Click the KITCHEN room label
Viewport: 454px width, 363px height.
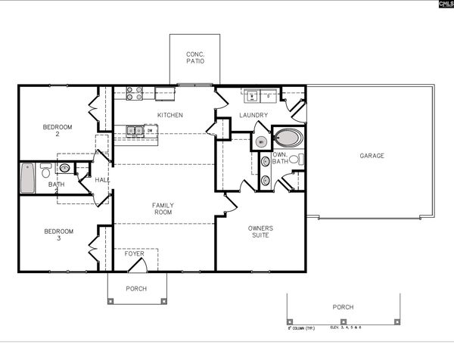pyautogui.click(x=169, y=115)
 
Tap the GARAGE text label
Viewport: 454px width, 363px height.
pyautogui.click(x=372, y=156)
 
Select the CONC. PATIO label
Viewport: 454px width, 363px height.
pyautogui.click(x=194, y=57)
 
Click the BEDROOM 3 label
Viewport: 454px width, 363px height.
pyautogui.click(x=58, y=234)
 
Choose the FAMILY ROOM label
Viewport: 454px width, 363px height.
pyautogui.click(x=163, y=209)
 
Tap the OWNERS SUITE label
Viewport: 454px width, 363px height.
pyautogui.click(x=260, y=231)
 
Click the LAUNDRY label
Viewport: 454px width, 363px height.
pyautogui.click(x=253, y=115)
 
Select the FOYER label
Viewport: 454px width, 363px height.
pyautogui.click(x=134, y=253)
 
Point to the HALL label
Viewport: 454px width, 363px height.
pyautogui.click(x=101, y=180)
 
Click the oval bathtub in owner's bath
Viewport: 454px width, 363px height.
pyautogui.click(x=288, y=138)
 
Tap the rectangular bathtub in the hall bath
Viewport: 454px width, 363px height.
pyautogui.click(x=27, y=178)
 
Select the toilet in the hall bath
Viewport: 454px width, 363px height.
pyautogui.click(x=46, y=172)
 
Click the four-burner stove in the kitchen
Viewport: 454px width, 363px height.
pyautogui.click(x=134, y=93)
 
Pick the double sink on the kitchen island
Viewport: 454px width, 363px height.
pyautogui.click(x=135, y=130)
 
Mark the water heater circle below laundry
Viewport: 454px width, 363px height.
pyautogui.click(x=260, y=141)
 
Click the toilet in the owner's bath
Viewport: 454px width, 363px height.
pyautogui.click(x=300, y=159)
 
